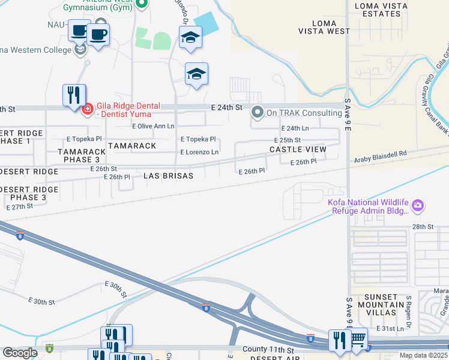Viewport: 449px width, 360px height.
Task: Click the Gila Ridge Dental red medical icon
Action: pyautogui.click(x=87, y=109)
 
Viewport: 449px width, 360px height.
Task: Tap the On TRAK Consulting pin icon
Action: pyautogui.click(x=258, y=112)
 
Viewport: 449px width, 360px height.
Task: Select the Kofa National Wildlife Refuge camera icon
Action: pyautogui.click(x=418, y=206)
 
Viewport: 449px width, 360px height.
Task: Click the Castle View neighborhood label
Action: pyautogui.click(x=298, y=149)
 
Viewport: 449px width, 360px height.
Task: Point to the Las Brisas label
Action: pyautogui.click(x=169, y=176)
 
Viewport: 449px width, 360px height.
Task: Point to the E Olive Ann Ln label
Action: pyautogui.click(x=153, y=127)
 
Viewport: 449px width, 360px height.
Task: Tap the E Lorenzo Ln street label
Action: pyautogui.click(x=199, y=152)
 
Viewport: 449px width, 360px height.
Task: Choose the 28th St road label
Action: pyautogui.click(x=422, y=226)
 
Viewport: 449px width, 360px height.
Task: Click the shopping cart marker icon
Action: pyautogui.click(x=358, y=338)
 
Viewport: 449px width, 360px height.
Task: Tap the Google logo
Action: pyautogui.click(x=20, y=353)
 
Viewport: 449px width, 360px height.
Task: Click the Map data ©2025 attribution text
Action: pyautogui.click(x=423, y=355)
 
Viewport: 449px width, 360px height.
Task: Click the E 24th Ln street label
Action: pyautogui.click(x=295, y=128)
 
